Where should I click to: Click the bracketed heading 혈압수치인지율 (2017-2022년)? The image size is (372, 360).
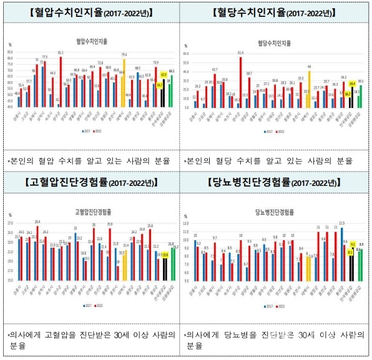click(91, 13)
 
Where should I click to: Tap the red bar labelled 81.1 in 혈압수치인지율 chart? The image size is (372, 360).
click(61, 81)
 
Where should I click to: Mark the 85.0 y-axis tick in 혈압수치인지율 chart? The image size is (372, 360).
click(11, 52)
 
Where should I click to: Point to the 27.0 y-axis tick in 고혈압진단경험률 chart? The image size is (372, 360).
click(11, 223)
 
